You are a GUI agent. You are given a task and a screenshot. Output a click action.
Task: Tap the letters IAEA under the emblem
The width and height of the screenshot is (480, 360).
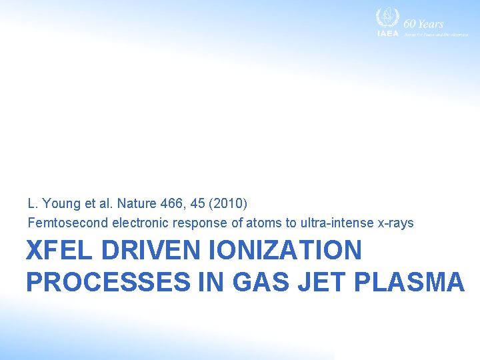[x=387, y=33]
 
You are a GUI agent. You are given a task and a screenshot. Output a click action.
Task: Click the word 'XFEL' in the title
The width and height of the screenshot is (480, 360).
[x=59, y=251]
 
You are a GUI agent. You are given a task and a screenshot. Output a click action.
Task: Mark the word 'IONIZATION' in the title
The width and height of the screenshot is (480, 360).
[x=286, y=251]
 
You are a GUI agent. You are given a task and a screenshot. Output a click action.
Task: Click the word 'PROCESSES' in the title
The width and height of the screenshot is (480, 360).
[x=108, y=282]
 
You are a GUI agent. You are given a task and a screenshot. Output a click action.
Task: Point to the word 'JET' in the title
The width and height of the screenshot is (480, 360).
[x=324, y=282]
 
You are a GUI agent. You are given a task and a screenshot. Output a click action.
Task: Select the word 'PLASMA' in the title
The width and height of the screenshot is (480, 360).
[x=409, y=282]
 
